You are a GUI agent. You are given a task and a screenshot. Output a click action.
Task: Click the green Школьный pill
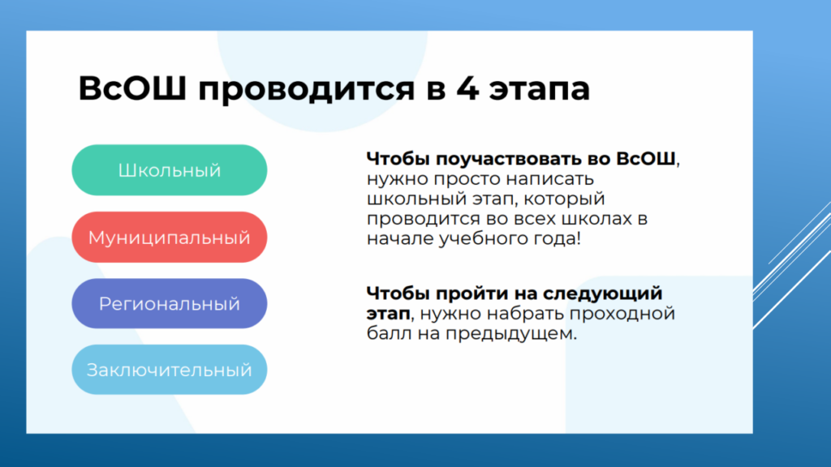[x=170, y=170]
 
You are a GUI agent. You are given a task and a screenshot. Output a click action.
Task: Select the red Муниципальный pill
[x=170, y=238]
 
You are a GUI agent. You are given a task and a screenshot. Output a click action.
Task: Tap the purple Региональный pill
[x=170, y=303]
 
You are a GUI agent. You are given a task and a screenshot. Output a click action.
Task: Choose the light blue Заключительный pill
[x=170, y=370]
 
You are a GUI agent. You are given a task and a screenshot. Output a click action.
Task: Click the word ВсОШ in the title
[x=132, y=88]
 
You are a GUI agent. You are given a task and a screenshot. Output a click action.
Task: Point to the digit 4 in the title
[x=468, y=88]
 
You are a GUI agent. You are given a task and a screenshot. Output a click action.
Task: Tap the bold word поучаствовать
[x=509, y=159]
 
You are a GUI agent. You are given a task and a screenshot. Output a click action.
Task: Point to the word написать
[x=549, y=179]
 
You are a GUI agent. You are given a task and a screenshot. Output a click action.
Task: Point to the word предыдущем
[x=511, y=334]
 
